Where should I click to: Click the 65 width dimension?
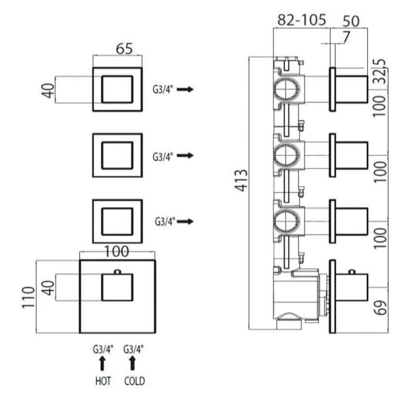[125, 49]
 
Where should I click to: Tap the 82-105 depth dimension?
[302, 20]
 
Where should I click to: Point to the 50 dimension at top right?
[351, 21]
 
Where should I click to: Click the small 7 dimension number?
[345, 37]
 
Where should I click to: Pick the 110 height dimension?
[28, 297]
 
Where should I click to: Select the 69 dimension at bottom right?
[381, 308]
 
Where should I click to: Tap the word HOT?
[103, 381]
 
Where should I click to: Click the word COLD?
[134, 381]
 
